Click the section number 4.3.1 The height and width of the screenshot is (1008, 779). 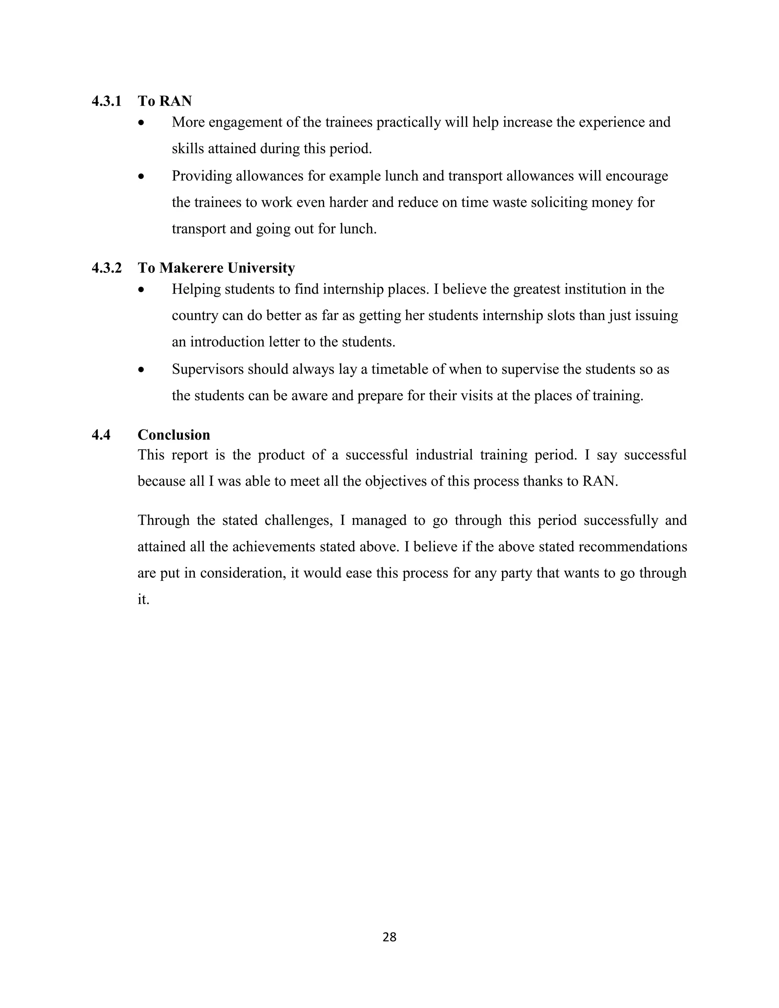(107, 101)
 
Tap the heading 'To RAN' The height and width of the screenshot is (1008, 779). (164, 101)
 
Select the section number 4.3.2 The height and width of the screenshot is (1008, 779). (107, 268)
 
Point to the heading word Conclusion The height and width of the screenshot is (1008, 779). (173, 435)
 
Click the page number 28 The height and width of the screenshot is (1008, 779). (389, 937)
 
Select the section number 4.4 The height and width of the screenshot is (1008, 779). (101, 435)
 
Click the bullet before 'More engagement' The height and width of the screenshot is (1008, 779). (141, 123)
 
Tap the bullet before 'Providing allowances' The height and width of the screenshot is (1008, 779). (141, 177)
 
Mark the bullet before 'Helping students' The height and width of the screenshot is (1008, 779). (141, 290)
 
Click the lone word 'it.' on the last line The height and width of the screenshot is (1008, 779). (143, 599)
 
